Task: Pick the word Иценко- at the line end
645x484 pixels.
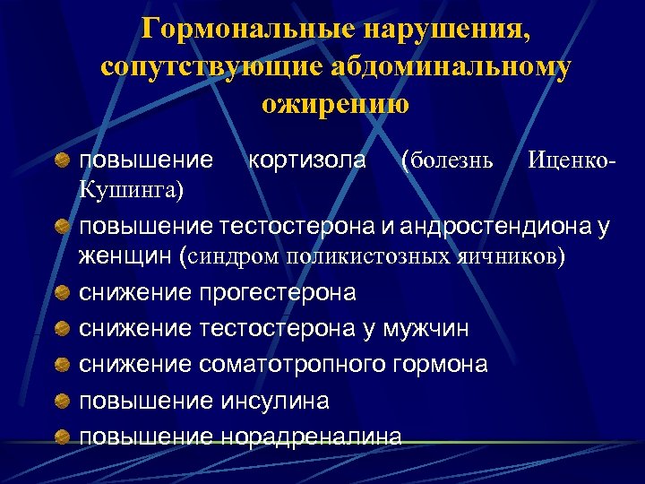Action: point(572,160)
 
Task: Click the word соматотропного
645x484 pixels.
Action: point(296,364)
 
